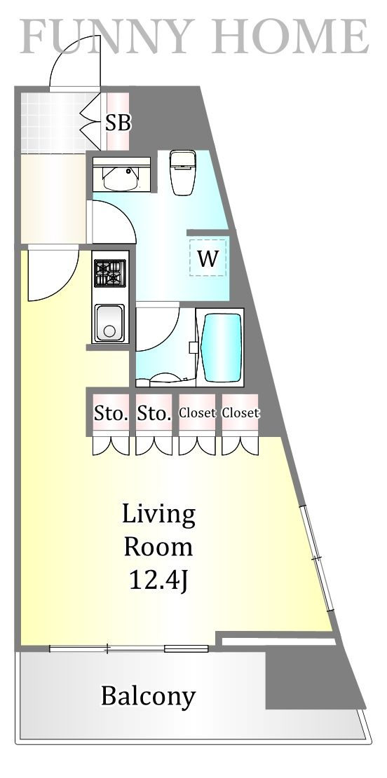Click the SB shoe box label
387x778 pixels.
[x=118, y=123]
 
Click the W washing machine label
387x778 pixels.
[x=208, y=258]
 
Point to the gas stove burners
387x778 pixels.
[x=110, y=273]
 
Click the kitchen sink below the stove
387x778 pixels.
[x=110, y=323]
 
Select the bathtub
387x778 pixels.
[x=221, y=347]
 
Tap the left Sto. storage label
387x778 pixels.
[x=111, y=413]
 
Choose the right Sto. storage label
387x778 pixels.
[x=154, y=413]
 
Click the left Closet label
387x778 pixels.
[x=197, y=412]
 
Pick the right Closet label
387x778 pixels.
[x=240, y=412]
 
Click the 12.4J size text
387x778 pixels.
[x=158, y=580]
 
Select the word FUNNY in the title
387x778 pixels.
[x=104, y=36]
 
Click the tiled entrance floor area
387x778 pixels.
[x=53, y=122]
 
